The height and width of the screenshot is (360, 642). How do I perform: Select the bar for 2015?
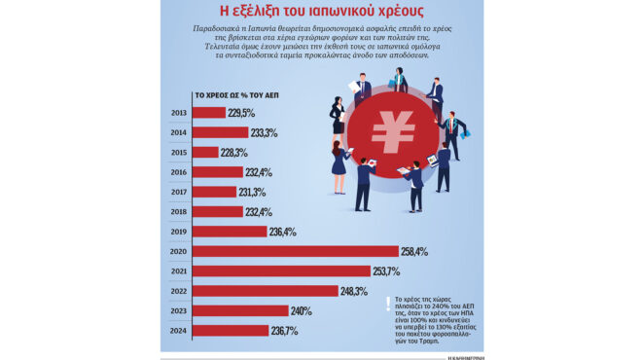(205, 152)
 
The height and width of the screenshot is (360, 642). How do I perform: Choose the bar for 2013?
(209, 113)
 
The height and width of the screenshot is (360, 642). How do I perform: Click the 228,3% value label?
(234, 153)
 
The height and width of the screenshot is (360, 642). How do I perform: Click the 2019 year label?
(178, 232)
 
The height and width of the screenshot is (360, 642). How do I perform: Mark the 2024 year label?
(178, 331)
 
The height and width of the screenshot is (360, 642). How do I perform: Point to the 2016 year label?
(178, 172)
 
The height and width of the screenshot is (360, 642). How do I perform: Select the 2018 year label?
(178, 211)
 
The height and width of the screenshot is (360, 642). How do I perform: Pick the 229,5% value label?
(241, 113)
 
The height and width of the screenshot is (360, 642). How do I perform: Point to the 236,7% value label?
(284, 331)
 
